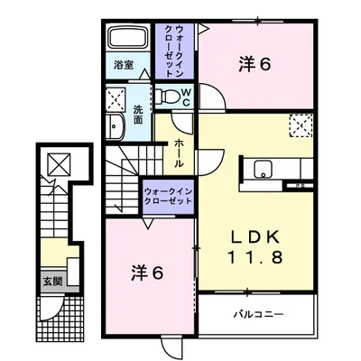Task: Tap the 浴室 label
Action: tap(124, 65)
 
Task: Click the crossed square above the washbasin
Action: tap(116, 97)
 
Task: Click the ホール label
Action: tap(180, 154)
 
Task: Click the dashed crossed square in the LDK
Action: tap(301, 125)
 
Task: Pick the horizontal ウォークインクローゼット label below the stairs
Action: tap(170, 197)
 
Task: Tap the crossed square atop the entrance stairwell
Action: tap(57, 163)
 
